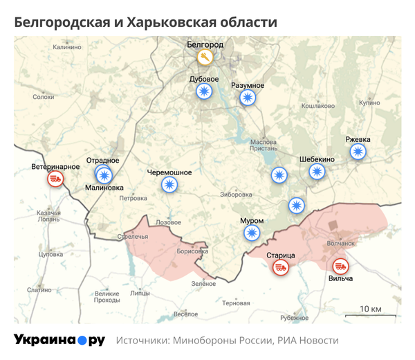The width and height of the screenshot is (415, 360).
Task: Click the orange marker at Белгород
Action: pos(204,57)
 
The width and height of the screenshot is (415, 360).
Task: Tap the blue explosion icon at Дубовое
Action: pos(204,92)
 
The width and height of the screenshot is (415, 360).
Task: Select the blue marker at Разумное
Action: pos(247,98)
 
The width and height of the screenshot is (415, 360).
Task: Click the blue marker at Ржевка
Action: pos(358,152)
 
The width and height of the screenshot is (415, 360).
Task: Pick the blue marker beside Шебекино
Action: pos(317,171)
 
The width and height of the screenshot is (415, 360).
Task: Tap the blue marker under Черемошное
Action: pos(169,184)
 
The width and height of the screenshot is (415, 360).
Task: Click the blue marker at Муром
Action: pos(252,233)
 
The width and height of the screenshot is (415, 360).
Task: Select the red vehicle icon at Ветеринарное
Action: pos(55,179)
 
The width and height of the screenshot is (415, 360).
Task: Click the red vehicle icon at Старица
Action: pos(281,267)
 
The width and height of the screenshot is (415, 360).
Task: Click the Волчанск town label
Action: pos(341,244)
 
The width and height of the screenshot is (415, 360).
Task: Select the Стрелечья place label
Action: pos(133,237)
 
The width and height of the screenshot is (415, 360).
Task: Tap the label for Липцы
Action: pos(140,293)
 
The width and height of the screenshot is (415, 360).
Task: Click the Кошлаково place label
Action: pos(317,106)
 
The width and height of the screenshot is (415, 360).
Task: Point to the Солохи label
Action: pos(44,98)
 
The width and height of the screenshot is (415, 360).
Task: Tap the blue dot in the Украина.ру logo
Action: pos(82,341)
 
